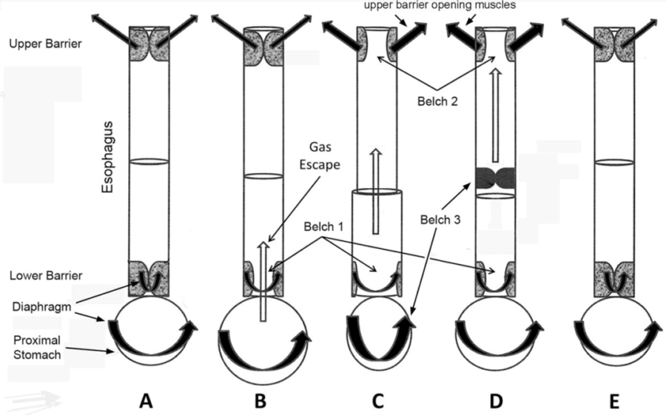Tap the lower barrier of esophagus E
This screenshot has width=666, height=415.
coord(613,278)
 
